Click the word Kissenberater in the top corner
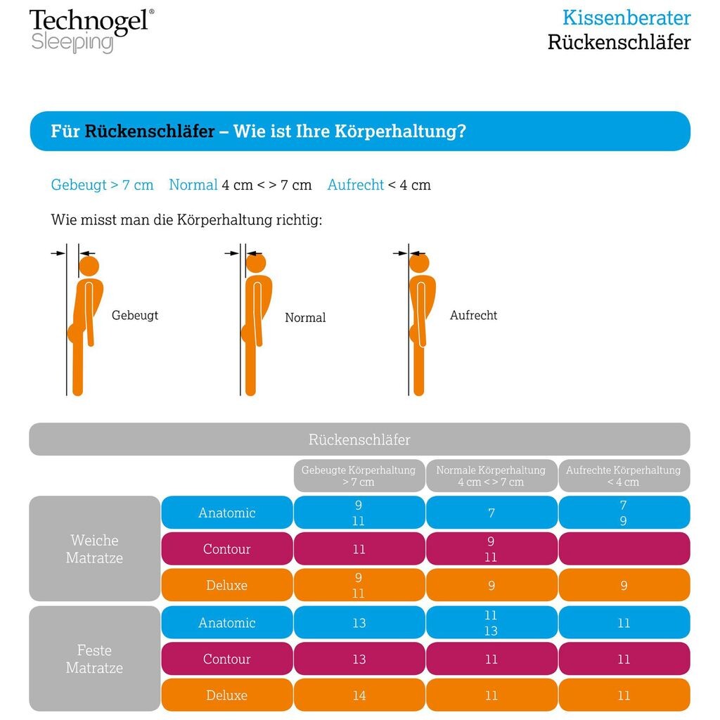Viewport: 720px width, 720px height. coord(626,18)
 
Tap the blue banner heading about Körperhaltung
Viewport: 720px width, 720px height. coord(359,131)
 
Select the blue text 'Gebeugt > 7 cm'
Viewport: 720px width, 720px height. coord(102,185)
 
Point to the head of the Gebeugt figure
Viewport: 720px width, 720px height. coord(89,266)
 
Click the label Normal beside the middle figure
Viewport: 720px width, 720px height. coord(305,318)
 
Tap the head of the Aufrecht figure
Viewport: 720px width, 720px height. coord(419,263)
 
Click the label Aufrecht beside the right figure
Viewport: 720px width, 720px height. coord(473,316)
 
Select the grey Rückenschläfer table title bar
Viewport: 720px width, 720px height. coord(359,439)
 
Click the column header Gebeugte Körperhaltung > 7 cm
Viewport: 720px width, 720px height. coord(359,476)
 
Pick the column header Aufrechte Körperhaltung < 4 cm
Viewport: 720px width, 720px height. coord(624,476)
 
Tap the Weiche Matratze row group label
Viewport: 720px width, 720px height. coord(95,549)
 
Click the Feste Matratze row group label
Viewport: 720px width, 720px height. coord(95,659)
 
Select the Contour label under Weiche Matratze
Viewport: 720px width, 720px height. coord(226,549)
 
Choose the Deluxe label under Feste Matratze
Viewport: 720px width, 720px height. coord(226,695)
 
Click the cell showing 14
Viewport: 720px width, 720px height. coord(359,695)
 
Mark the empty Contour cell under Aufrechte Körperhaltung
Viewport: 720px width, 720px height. coord(624,549)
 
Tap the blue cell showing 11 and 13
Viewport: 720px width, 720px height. coord(491,623)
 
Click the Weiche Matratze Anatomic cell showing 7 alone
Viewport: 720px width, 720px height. coord(491,513)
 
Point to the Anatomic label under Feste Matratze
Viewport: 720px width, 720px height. coord(226,623)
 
